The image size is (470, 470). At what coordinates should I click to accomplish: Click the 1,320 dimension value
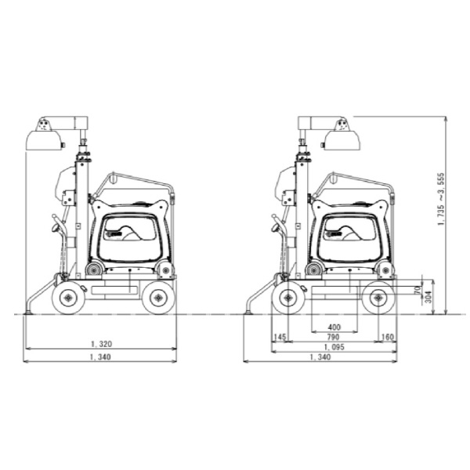tap(101, 344)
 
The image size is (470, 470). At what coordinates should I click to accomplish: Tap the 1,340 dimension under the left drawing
tap(100, 356)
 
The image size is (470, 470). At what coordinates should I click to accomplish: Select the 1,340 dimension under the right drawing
tap(320, 356)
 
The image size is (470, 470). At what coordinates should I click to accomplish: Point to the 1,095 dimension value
tap(334, 347)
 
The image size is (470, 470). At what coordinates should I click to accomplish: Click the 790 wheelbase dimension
tap(333, 337)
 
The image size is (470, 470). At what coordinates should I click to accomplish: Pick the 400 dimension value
tap(334, 327)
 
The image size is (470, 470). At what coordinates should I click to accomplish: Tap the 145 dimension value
tap(280, 337)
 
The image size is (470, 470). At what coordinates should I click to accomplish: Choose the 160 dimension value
tap(387, 337)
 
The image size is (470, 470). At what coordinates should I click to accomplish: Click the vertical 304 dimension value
tap(429, 297)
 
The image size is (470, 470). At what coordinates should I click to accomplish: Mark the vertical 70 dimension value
tap(418, 290)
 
